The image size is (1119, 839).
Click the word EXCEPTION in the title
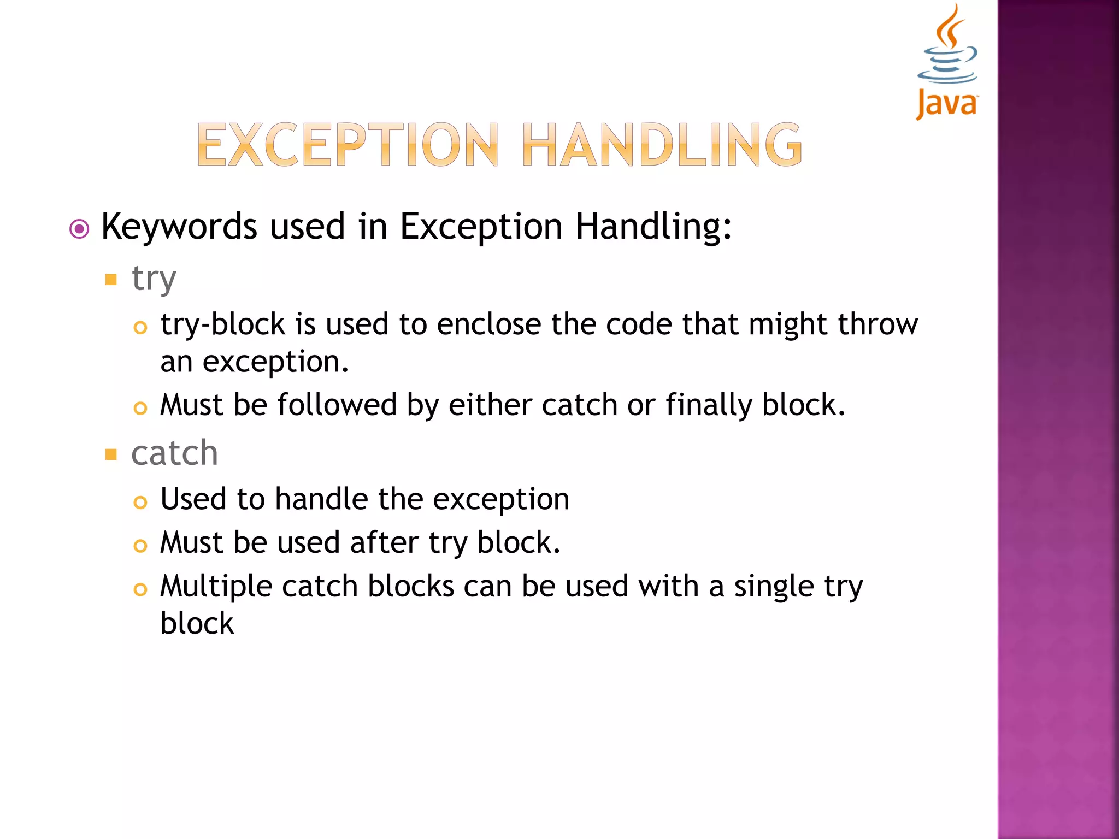click(348, 145)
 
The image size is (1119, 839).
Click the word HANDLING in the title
click(662, 145)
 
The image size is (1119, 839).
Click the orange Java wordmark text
click(947, 104)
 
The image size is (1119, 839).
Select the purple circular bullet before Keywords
click(79, 229)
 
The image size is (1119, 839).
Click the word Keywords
click(179, 227)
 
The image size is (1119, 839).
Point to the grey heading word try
click(154, 279)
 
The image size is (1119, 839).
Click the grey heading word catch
click(174, 453)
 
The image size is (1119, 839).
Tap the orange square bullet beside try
click(111, 280)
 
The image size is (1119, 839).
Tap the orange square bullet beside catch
click(111, 454)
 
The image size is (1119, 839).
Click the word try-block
click(222, 324)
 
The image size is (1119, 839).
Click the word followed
click(337, 405)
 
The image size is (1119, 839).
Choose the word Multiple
click(216, 587)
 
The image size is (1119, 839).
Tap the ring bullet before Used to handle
click(140, 502)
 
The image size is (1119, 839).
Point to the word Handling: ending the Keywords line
click(653, 227)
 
